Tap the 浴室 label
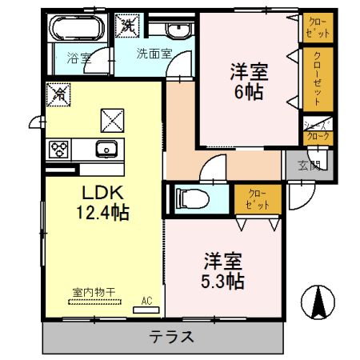[x=78, y=58]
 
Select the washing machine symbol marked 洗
[x=128, y=25]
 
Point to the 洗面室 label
[x=153, y=55]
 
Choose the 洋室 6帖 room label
[x=249, y=80]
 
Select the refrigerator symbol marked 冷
[x=58, y=94]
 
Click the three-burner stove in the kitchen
[x=59, y=149]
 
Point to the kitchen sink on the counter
[x=106, y=149]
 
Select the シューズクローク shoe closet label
[x=318, y=130]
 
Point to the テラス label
[x=170, y=336]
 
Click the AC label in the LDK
[x=146, y=301]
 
